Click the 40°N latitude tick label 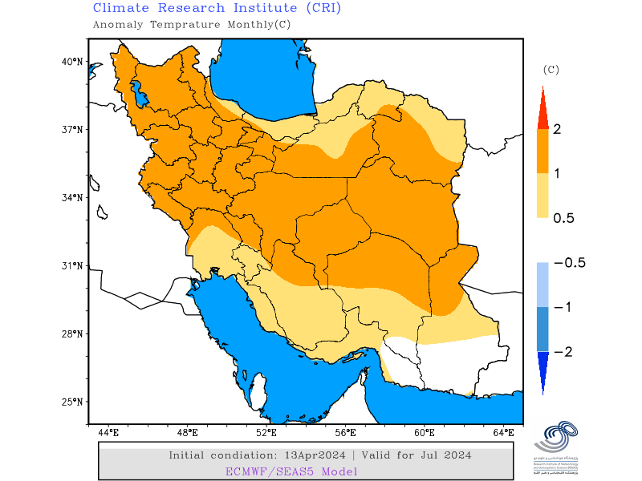click(73, 61)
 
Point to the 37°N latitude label click(73, 129)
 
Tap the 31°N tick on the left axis click(73, 265)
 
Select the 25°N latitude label click(73, 402)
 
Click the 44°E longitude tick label click(108, 433)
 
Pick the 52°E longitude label click(266, 433)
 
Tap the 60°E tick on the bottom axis click(425, 433)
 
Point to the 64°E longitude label click(503, 433)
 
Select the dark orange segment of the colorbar click(542, 151)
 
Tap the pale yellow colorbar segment click(542, 195)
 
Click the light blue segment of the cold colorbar click(542, 285)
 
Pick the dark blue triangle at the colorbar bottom click(542, 370)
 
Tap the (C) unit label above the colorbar click(551, 70)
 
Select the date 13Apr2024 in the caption click(309, 455)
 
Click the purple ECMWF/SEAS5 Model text click(291, 471)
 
